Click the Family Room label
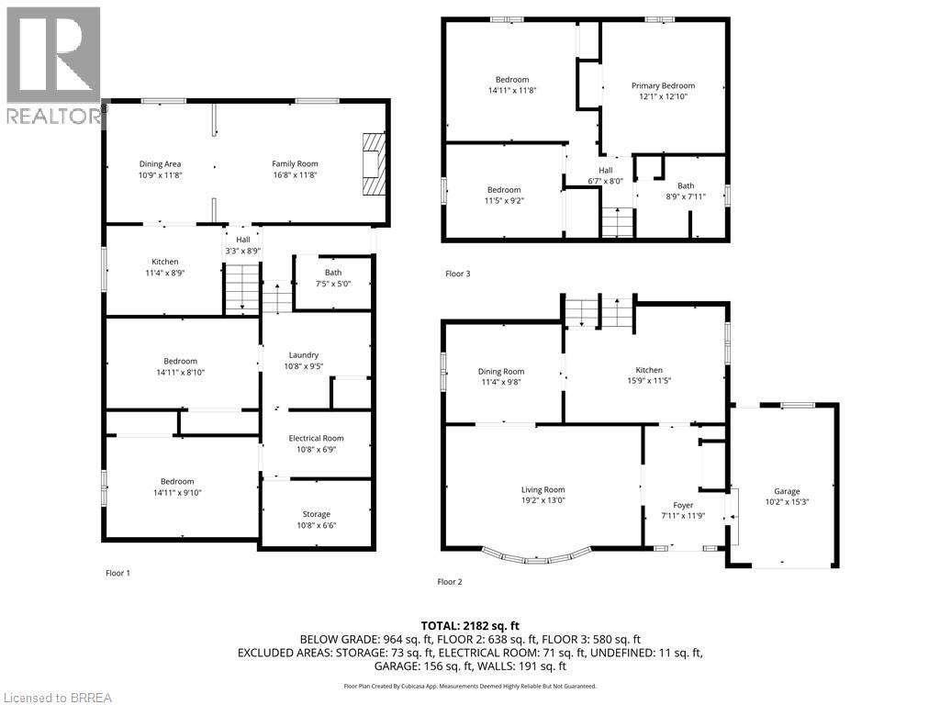295,163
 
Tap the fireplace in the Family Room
373,164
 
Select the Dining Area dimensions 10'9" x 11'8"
161,175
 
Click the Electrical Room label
316,438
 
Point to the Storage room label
316,514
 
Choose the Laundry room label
303,355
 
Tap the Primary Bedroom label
663,85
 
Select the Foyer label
683,505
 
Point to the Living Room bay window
536,555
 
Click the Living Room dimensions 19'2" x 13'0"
543,501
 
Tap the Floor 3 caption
457,274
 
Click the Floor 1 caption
117,573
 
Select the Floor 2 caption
449,581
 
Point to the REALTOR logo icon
52,55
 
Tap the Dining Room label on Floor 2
501,371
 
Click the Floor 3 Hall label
606,170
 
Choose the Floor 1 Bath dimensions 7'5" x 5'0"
332,285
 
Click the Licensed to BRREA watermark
57,697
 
